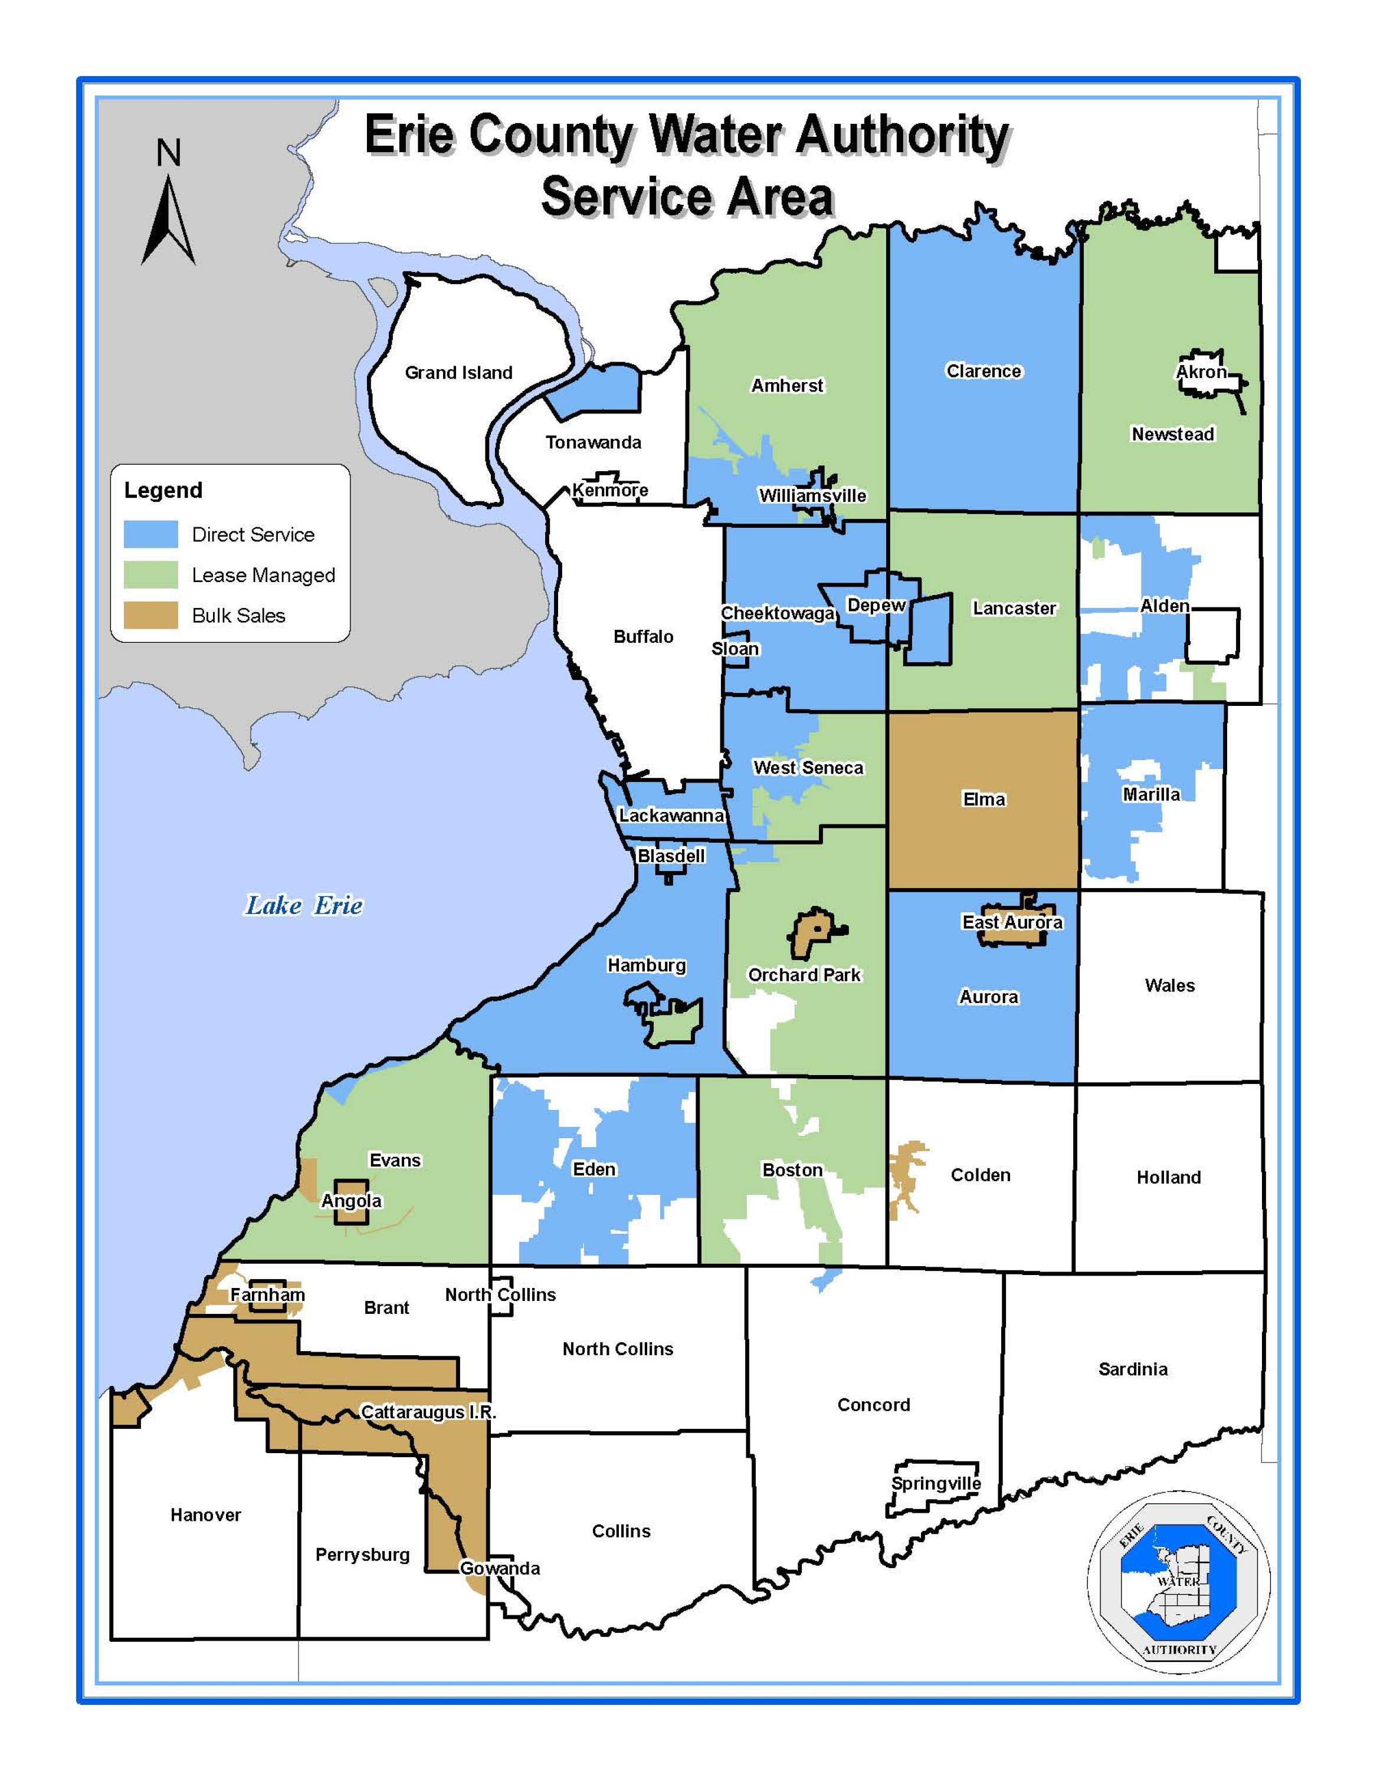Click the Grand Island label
(x=458, y=373)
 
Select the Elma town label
(x=984, y=799)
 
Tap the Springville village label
(x=936, y=1483)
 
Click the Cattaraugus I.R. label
(x=428, y=1412)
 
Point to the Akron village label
(x=1201, y=372)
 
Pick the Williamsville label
(x=812, y=496)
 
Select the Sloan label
(x=735, y=648)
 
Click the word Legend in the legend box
(x=163, y=490)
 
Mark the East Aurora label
(x=1012, y=922)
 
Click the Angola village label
(x=351, y=1200)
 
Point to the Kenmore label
(x=609, y=490)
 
